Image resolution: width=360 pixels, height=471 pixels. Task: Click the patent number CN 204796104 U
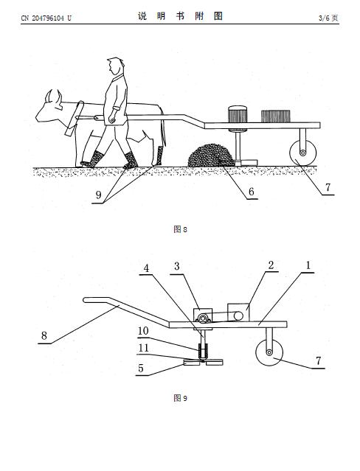tap(46, 18)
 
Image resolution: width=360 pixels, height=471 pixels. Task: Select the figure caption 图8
tap(180, 229)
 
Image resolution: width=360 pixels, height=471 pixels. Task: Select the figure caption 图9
tap(180, 398)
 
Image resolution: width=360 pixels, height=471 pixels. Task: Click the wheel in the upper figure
tap(303, 153)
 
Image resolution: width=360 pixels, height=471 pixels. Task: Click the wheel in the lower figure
tap(269, 352)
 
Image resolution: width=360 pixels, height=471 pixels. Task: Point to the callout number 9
tap(98, 195)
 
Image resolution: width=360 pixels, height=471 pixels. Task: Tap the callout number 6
tap(251, 192)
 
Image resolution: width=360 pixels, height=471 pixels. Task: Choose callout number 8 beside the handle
tap(44, 335)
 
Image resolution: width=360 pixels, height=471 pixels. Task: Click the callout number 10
tap(143, 331)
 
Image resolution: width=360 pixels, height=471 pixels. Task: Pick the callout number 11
tap(143, 348)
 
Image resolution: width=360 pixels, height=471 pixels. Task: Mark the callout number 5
tap(141, 369)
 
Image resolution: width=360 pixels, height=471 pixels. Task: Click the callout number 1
tap(308, 265)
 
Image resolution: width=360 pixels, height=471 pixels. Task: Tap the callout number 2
tap(271, 265)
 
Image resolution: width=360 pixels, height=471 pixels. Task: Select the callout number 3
tap(177, 266)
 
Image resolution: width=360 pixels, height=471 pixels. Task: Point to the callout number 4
tap(146, 268)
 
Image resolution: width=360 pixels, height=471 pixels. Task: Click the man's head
tap(116, 66)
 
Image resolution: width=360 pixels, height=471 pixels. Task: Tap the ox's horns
tap(54, 96)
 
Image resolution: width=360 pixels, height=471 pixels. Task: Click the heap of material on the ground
tap(210, 155)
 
